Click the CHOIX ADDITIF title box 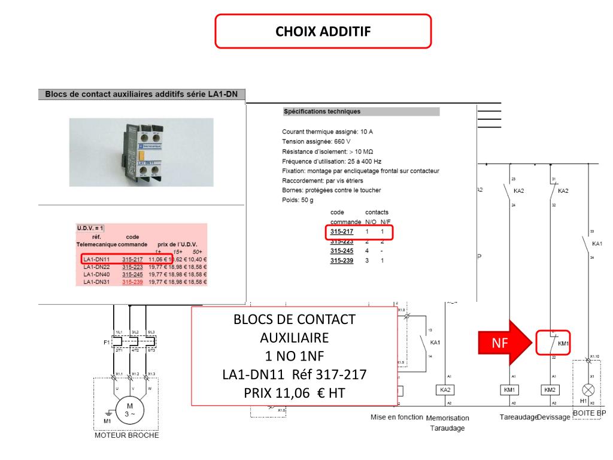tap(323, 31)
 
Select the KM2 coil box tap(550, 391)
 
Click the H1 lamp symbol tap(588, 390)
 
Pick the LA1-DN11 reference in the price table tap(96, 259)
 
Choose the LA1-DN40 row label tap(96, 274)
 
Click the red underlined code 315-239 tap(132, 282)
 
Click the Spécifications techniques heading tap(322, 111)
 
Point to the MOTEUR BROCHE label tap(127, 435)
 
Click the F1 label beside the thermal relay tap(106, 343)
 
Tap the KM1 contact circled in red tap(553, 343)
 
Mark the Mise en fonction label tap(396, 417)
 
